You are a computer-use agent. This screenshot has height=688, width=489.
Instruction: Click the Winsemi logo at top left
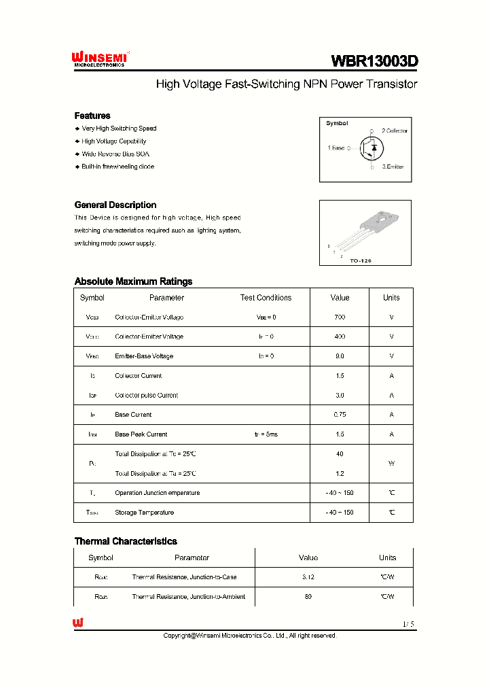point(99,60)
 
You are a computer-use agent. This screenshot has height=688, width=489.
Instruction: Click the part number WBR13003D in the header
point(374,61)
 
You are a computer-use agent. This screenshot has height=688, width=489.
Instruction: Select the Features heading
point(92,116)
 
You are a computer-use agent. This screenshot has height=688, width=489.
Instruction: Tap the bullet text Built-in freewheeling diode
point(117,167)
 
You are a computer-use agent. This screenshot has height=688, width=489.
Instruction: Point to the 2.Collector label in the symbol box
point(394,131)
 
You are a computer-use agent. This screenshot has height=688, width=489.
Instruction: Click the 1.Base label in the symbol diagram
point(336,148)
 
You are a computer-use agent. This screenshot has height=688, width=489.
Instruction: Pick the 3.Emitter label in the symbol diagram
point(393,167)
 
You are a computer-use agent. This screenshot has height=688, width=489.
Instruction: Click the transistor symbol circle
point(372,148)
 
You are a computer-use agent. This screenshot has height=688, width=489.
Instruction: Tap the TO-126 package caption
point(360,260)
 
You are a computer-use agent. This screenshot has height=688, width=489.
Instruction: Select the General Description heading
point(115,205)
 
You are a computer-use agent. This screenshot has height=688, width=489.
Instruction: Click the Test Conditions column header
point(266,298)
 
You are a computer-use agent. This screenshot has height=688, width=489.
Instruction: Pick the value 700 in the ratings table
point(340,317)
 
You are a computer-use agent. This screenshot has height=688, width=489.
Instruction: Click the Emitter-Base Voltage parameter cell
point(144,356)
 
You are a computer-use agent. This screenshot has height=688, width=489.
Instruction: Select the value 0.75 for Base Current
point(340,415)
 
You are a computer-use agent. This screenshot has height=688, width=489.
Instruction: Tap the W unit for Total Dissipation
point(391,464)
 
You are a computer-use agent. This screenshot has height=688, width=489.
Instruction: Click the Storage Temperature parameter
point(144,513)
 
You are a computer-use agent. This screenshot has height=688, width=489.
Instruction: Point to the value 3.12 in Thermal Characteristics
point(308,577)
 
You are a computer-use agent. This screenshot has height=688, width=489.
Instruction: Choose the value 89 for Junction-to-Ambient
point(308,597)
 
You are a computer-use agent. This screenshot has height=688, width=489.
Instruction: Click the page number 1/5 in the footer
point(407,623)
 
